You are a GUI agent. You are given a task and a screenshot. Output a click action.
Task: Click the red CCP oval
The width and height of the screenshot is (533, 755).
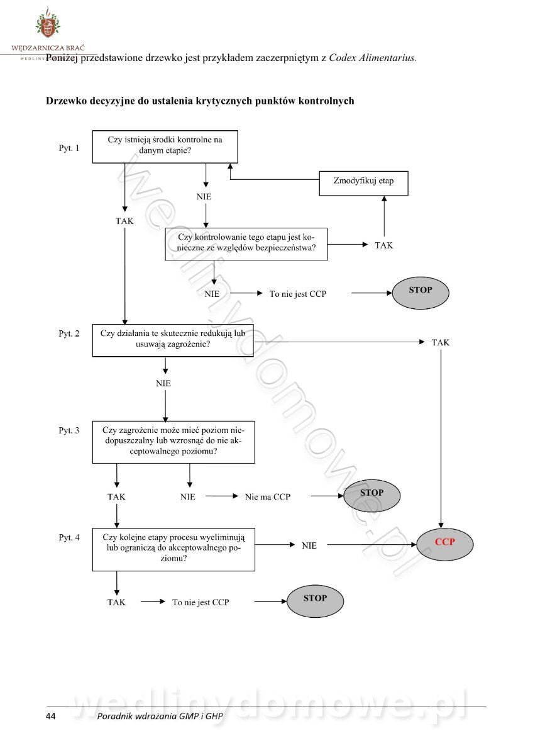[x=444, y=542]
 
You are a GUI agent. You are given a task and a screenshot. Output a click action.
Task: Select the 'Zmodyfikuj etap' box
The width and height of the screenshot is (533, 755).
[x=363, y=182]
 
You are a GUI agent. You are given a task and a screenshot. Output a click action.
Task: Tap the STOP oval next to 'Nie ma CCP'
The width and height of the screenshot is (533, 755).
[x=371, y=496]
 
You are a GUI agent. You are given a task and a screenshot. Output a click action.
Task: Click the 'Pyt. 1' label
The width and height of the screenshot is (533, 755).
[x=69, y=149]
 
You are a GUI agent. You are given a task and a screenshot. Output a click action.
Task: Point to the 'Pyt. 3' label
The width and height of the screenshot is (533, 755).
[x=69, y=430]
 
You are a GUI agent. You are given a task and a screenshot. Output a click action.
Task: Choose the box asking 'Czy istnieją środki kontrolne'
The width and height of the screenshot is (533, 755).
[x=165, y=146]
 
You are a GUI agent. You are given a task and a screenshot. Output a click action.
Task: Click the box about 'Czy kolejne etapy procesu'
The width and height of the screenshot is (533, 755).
[x=173, y=549]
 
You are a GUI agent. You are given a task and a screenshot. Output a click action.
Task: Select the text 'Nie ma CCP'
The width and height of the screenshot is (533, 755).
[x=267, y=497]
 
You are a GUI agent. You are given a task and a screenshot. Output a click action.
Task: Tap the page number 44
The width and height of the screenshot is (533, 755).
[x=51, y=717]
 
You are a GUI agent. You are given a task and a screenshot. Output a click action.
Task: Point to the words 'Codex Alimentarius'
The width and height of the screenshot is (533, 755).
[x=372, y=58]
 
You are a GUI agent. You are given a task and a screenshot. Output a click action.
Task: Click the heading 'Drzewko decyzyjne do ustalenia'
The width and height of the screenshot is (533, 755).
[x=200, y=101]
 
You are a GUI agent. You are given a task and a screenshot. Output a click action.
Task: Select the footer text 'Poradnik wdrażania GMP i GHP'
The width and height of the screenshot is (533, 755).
[x=160, y=717]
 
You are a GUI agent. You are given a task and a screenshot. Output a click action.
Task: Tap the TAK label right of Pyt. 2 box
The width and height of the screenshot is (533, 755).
[x=440, y=342]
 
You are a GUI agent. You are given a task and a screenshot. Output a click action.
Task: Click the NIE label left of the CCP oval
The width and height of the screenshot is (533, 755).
[x=309, y=545]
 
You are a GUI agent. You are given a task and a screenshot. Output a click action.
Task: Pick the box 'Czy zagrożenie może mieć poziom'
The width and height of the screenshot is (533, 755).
[x=173, y=442]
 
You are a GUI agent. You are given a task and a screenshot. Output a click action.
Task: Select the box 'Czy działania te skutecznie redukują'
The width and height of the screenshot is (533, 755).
[x=173, y=340]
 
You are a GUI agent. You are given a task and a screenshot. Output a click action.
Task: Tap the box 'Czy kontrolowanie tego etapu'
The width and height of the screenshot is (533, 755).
[x=246, y=244]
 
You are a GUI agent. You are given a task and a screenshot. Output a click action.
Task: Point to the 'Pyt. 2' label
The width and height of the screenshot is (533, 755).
[x=69, y=333]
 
